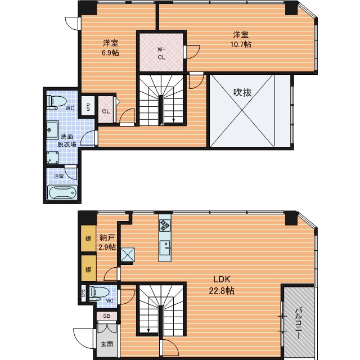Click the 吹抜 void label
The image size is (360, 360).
[242, 92]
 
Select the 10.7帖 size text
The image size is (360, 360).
[241, 44]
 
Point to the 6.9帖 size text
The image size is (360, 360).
[110, 53]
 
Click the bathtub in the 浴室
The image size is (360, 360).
[62, 192]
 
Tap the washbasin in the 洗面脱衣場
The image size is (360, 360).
[52, 130]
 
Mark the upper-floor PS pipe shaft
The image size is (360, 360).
[88, 107]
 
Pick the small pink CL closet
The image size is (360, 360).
[106, 110]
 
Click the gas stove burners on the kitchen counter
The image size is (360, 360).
[165, 225]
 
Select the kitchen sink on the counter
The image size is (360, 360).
[165, 247]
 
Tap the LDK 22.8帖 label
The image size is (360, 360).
[222, 285]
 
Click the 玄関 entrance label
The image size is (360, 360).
[107, 344]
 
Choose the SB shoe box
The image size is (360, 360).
[107, 316]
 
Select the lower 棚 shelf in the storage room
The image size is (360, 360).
[88, 268]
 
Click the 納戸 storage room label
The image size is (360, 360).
[107, 237]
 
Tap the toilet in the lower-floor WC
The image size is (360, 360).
[99, 293]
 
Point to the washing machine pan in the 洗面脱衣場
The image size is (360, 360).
[52, 157]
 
